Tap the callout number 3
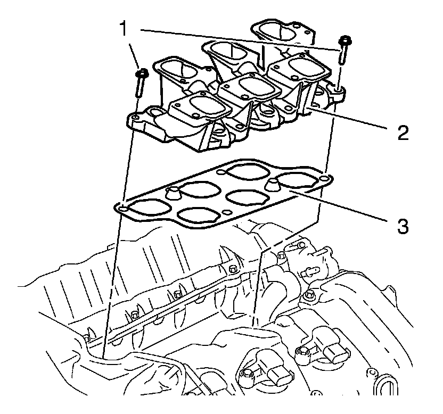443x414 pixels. [x=401, y=226]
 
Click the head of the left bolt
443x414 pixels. [x=141, y=73]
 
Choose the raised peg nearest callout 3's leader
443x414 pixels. [x=273, y=184]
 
